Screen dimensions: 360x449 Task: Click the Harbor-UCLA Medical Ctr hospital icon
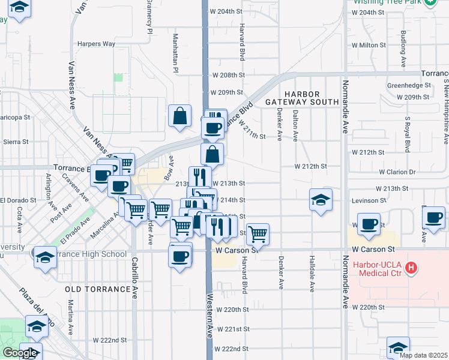pyautogui.click(x=411, y=268)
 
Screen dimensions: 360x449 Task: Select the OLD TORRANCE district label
pyautogui.click(x=97, y=289)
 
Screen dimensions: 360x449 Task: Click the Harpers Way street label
pyautogui.click(x=96, y=44)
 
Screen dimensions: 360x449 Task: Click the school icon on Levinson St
pyautogui.click(x=321, y=200)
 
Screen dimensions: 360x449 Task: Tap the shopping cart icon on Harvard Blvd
pyautogui.click(x=258, y=233)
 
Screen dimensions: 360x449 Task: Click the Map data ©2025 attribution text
pyautogui.click(x=424, y=355)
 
